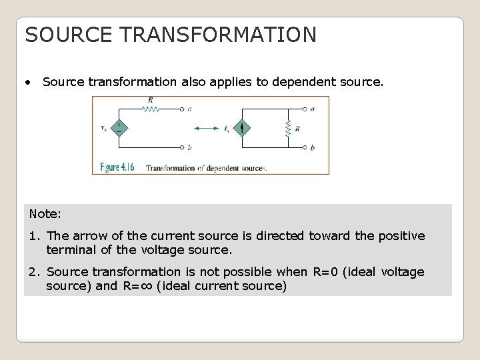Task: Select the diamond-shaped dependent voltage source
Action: pyautogui.click(x=119, y=127)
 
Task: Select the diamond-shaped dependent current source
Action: pyautogui.click(x=243, y=127)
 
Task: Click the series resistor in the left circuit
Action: pyautogui.click(x=151, y=107)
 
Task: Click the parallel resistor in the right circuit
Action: pyautogui.click(x=288, y=128)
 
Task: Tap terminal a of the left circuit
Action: pyautogui.click(x=182, y=108)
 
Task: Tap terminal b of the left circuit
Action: pyautogui.click(x=182, y=147)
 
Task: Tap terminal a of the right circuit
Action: pyautogui.click(x=305, y=108)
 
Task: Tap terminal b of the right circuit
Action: pyautogui.click(x=305, y=147)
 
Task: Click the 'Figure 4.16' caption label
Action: pyautogui.click(x=117, y=167)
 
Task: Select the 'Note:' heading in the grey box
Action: pyautogui.click(x=45, y=214)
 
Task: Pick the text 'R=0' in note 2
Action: pyautogui.click(x=325, y=272)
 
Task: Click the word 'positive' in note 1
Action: pyautogui.click(x=401, y=236)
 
